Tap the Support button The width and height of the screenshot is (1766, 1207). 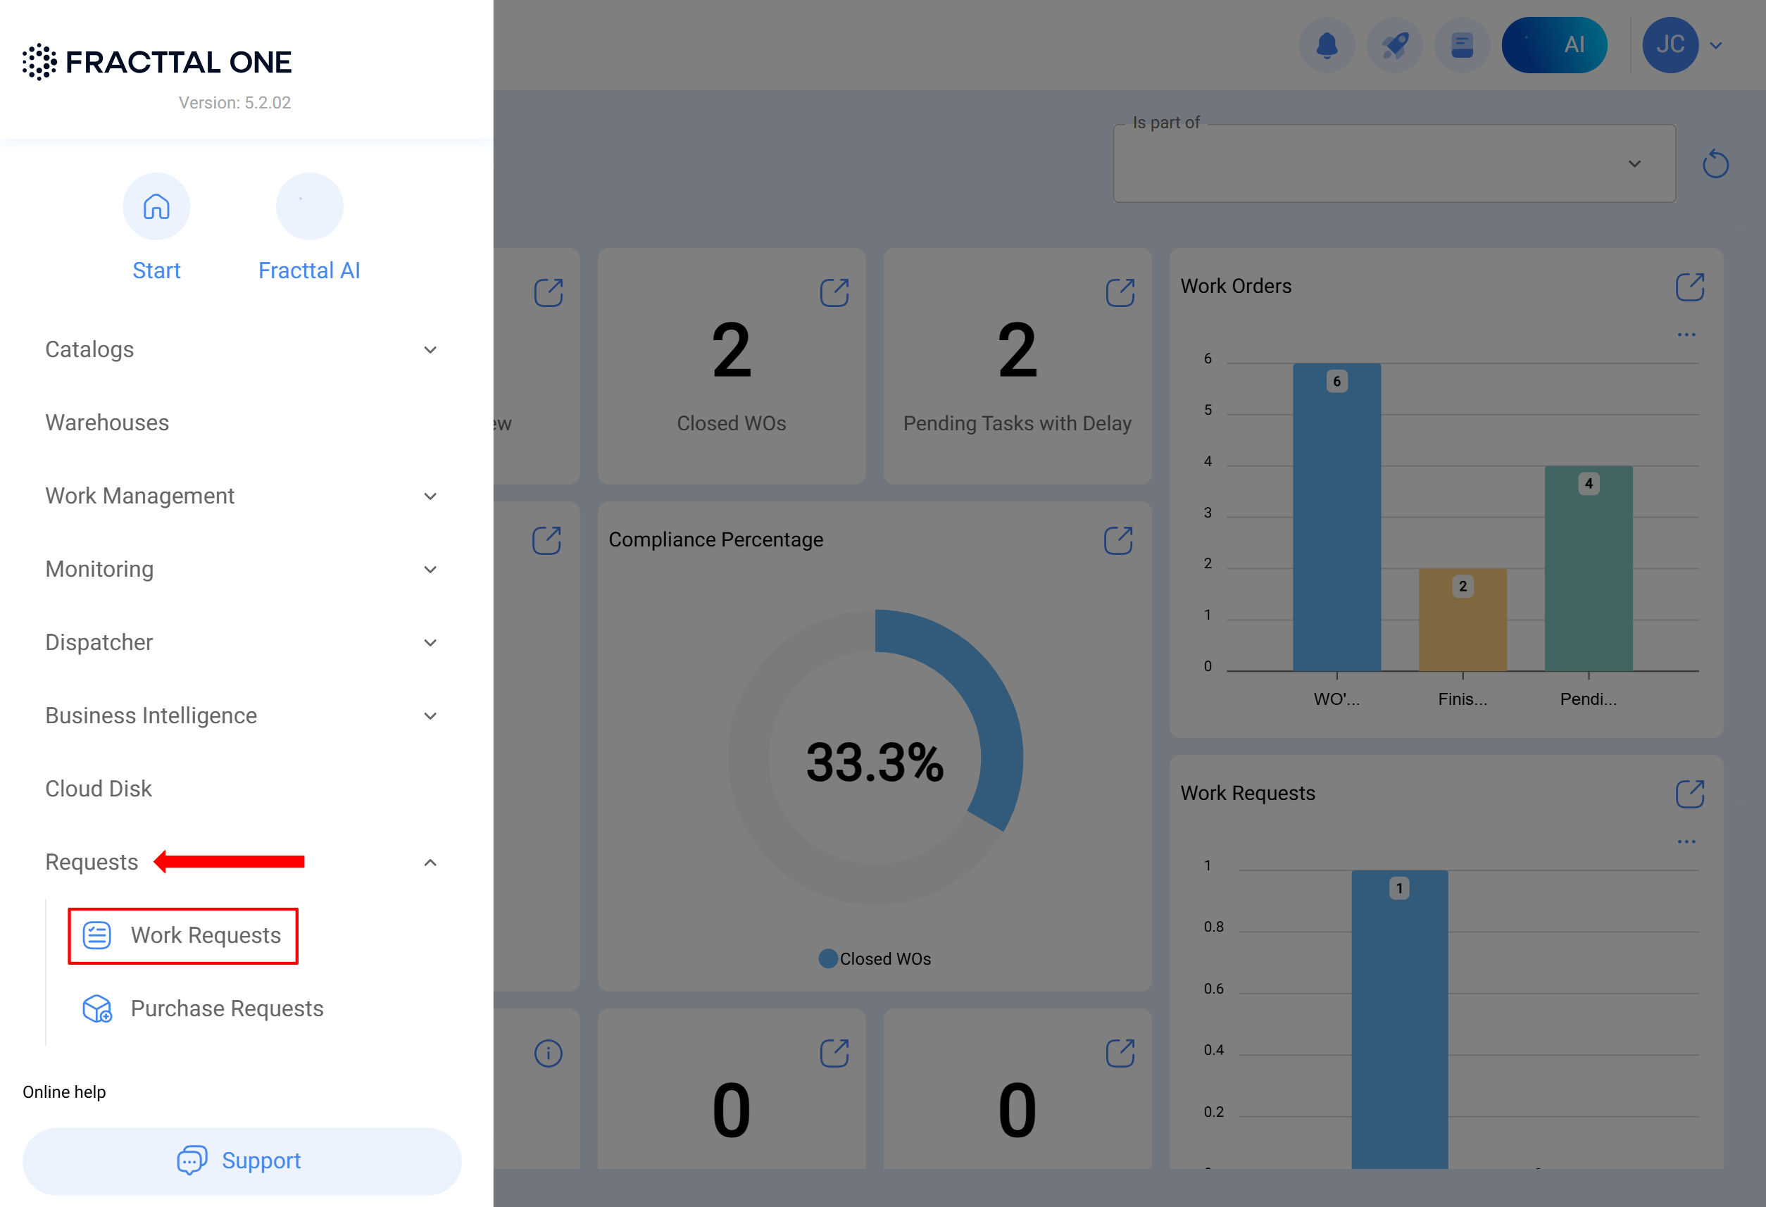pos(242,1161)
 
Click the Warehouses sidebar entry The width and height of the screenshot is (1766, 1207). pos(107,423)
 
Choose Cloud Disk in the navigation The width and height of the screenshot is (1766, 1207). pos(99,789)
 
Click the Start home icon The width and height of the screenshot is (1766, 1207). pos(156,207)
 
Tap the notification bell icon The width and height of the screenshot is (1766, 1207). pos(1327,45)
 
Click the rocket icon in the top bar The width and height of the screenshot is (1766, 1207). pos(1394,45)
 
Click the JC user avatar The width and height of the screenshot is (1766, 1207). pos(1670,45)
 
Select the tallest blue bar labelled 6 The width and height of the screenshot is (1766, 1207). pos(1336,517)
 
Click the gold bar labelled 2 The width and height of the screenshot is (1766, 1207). pos(1463,620)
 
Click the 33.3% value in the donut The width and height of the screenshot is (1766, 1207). pos(875,763)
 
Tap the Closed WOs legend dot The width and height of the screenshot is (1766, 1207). pos(828,958)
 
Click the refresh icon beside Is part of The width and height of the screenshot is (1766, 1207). pos(1716,163)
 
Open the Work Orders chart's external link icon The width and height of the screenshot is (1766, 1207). pos(1690,287)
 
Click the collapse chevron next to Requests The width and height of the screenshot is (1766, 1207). pos(430,863)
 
